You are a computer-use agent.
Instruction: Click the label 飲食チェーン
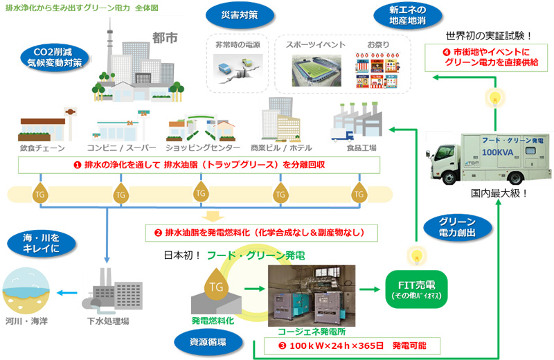[42, 148]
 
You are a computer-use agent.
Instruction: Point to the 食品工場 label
[361, 148]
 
